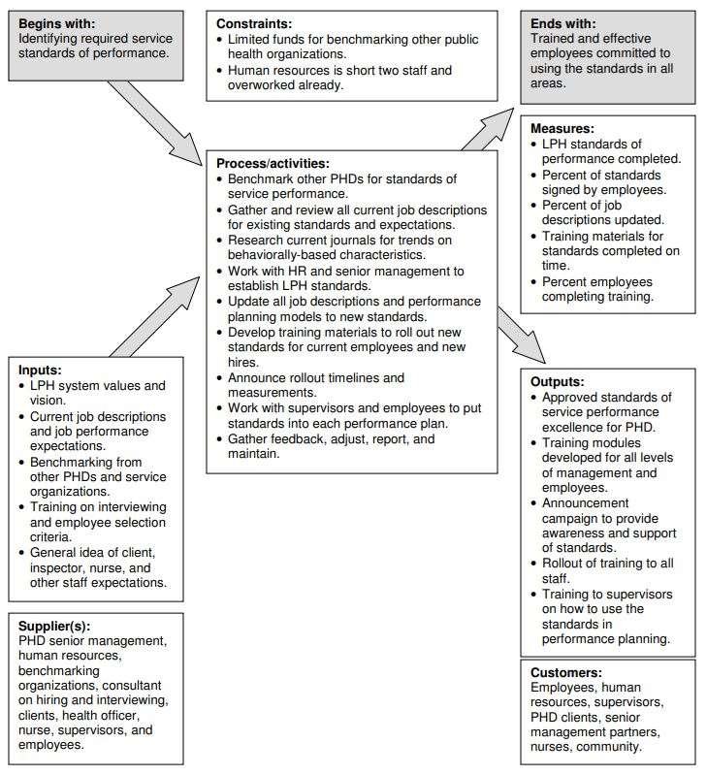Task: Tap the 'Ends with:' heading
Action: [562, 22]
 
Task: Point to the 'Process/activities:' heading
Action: [273, 163]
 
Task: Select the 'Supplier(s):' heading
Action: [61, 626]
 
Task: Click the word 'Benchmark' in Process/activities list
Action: [262, 179]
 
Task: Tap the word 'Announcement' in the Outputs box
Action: [587, 503]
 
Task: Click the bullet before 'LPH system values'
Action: [23, 386]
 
